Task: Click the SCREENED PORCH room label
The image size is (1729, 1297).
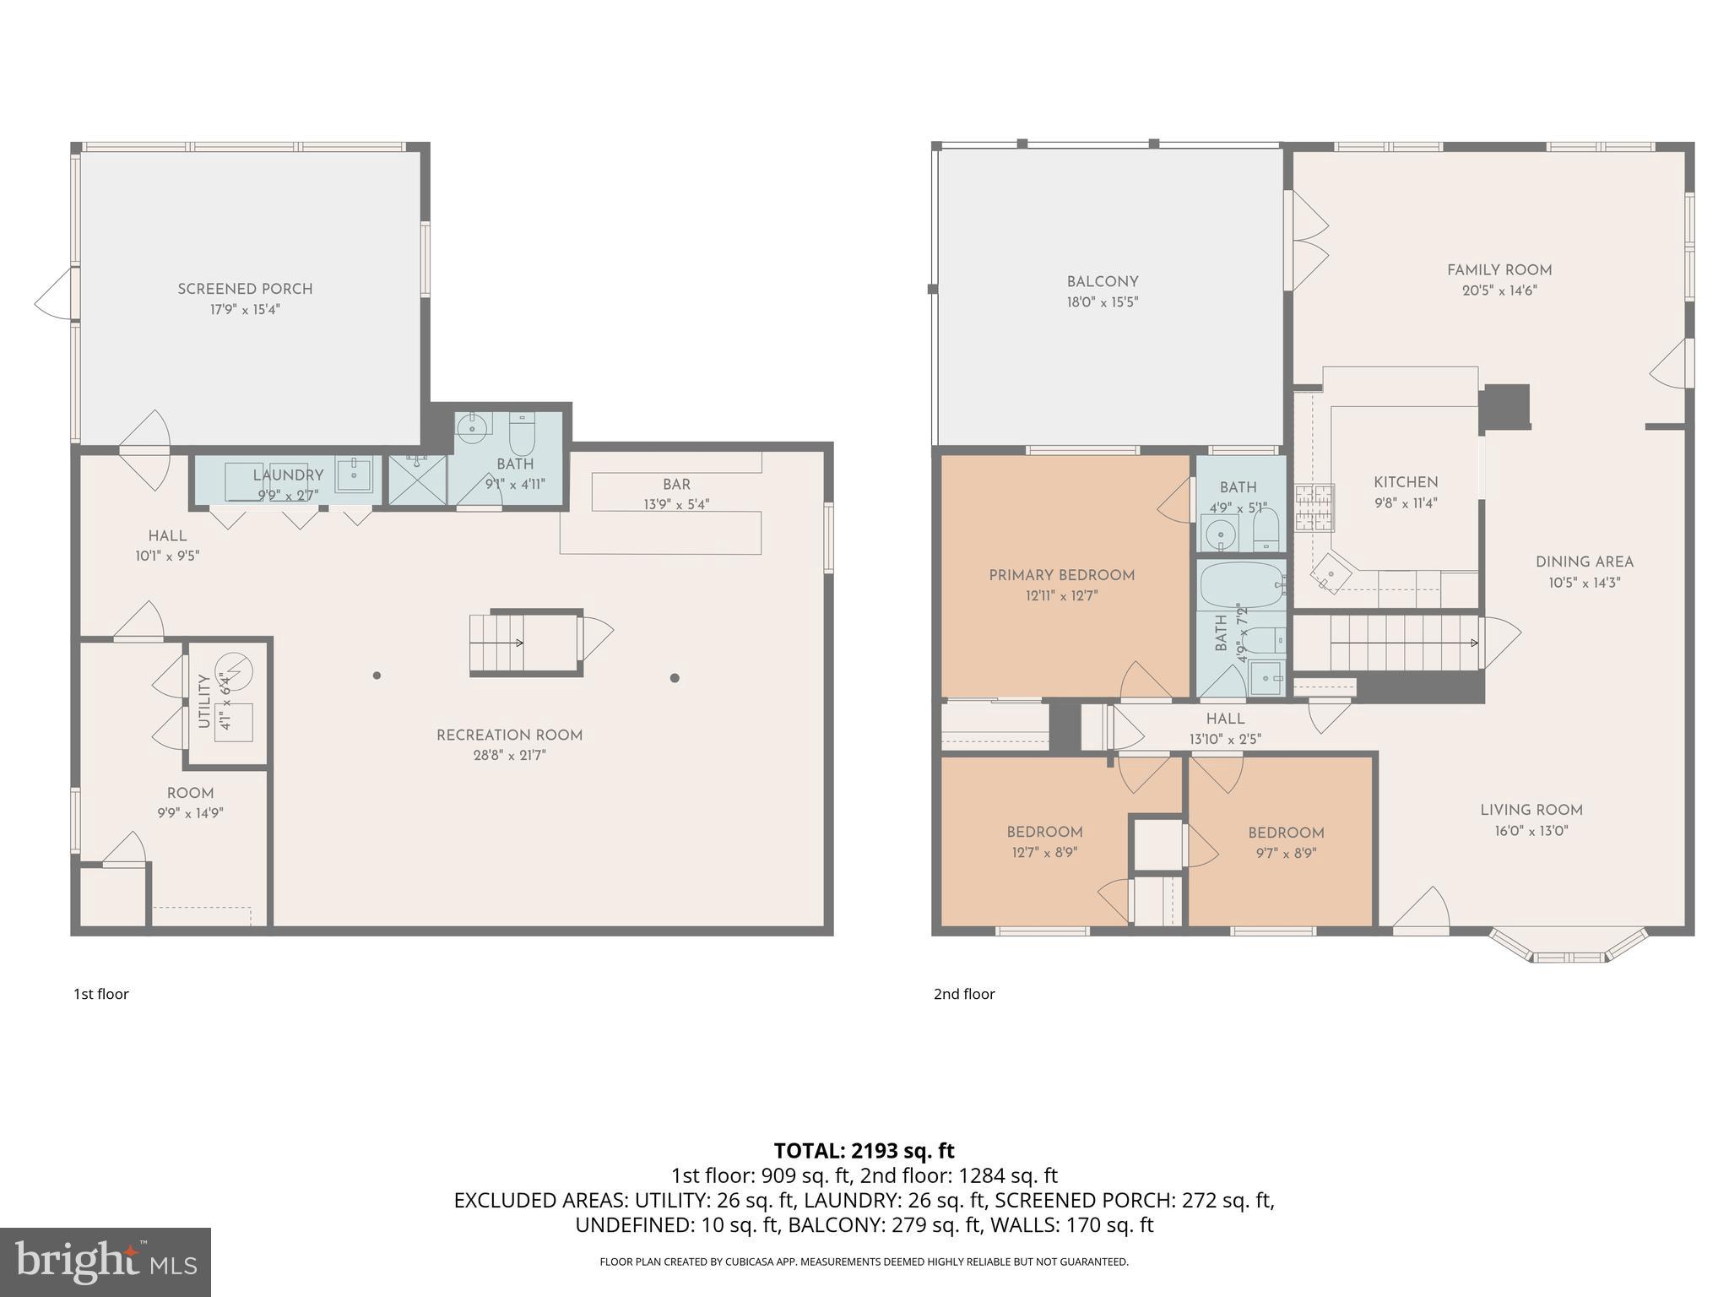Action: [245, 289]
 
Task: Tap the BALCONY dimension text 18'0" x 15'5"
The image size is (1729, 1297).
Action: [1102, 302]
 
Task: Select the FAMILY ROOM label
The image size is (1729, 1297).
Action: [1499, 270]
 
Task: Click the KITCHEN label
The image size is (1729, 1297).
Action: [1405, 482]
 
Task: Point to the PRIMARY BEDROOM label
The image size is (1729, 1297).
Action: [1061, 575]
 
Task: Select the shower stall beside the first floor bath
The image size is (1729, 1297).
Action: [417, 480]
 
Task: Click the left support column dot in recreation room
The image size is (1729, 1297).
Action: [377, 676]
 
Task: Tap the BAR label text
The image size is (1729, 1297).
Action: [676, 484]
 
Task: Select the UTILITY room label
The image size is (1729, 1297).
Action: [203, 701]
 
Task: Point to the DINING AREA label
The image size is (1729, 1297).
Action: [1584, 562]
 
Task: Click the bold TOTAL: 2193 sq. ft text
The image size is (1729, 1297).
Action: [864, 1150]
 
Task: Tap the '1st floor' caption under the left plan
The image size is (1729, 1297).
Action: [101, 994]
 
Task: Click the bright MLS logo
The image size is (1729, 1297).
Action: [105, 1262]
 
